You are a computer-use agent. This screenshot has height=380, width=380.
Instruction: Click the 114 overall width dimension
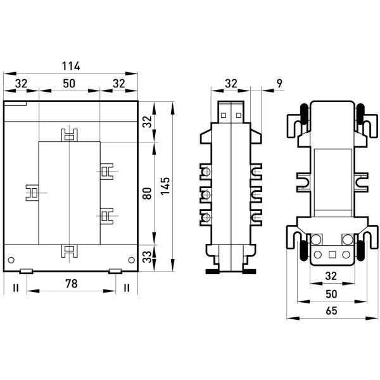click(71, 66)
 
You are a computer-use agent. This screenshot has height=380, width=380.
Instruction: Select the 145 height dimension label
click(165, 186)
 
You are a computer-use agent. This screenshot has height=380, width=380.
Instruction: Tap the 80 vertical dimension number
click(147, 193)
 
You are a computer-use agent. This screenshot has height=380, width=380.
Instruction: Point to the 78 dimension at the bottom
click(71, 284)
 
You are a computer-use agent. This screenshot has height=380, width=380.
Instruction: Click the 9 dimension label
click(279, 84)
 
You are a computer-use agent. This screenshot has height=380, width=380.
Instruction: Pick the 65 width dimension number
click(331, 311)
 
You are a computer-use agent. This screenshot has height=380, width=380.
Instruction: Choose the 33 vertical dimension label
click(147, 257)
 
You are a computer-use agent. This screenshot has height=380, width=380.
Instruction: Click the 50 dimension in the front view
click(69, 84)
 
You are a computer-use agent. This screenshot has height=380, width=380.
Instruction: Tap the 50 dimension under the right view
click(331, 294)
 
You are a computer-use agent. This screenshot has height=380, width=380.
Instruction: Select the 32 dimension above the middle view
click(231, 84)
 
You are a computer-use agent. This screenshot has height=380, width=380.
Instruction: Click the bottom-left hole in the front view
click(11, 260)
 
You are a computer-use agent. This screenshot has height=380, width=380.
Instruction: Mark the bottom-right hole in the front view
click(131, 260)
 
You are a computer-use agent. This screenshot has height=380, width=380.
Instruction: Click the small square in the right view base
click(332, 255)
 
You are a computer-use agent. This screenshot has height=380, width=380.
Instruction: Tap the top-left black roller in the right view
click(304, 113)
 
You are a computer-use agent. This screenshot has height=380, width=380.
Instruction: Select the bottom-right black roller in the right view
click(361, 250)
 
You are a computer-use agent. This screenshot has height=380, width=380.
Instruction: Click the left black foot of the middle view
click(212, 272)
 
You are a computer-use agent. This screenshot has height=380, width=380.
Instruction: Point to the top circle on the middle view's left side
click(206, 172)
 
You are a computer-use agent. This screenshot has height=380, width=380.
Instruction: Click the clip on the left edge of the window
click(32, 193)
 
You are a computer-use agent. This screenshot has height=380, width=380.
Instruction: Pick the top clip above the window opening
click(69, 135)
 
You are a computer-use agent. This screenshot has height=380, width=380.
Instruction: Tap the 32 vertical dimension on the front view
click(147, 122)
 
